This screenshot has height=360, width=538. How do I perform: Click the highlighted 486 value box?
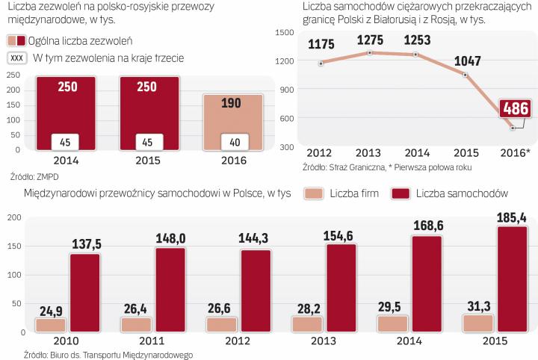(x=515, y=108)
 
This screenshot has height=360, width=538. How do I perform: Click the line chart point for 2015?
(x=465, y=75)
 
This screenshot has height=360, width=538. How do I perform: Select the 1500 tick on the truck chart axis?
(x=287, y=32)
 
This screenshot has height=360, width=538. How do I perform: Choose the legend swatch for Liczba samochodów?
(x=407, y=193)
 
